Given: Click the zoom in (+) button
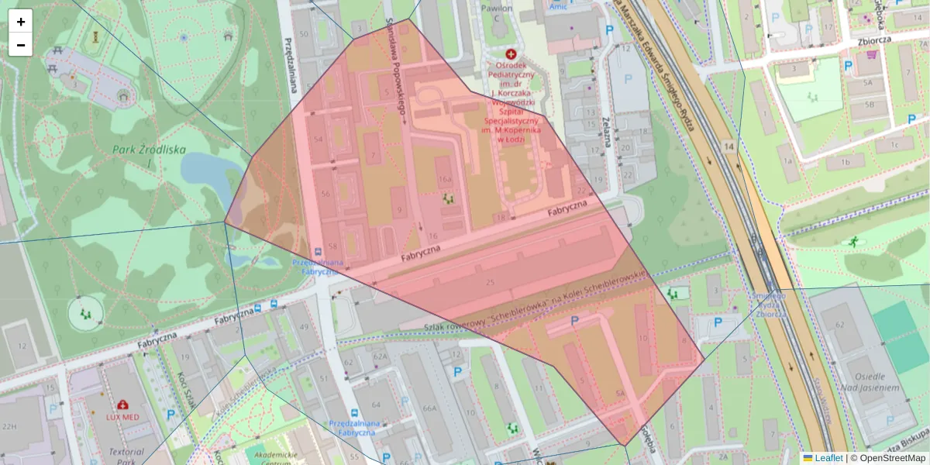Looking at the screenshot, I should coord(21,22).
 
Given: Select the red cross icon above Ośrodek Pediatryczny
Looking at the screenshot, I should coord(511,54).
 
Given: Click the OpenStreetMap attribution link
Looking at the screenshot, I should coord(893,458).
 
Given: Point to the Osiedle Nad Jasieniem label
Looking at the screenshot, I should coord(872,376).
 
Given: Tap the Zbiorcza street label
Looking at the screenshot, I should coord(874,40).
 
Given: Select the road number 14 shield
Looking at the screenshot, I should coord(728,146).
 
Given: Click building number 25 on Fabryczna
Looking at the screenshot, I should coord(489,282).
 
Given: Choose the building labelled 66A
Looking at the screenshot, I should coord(429,408).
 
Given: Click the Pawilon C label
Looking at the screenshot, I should coord(497,13).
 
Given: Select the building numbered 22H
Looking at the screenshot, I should coord(9,426).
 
